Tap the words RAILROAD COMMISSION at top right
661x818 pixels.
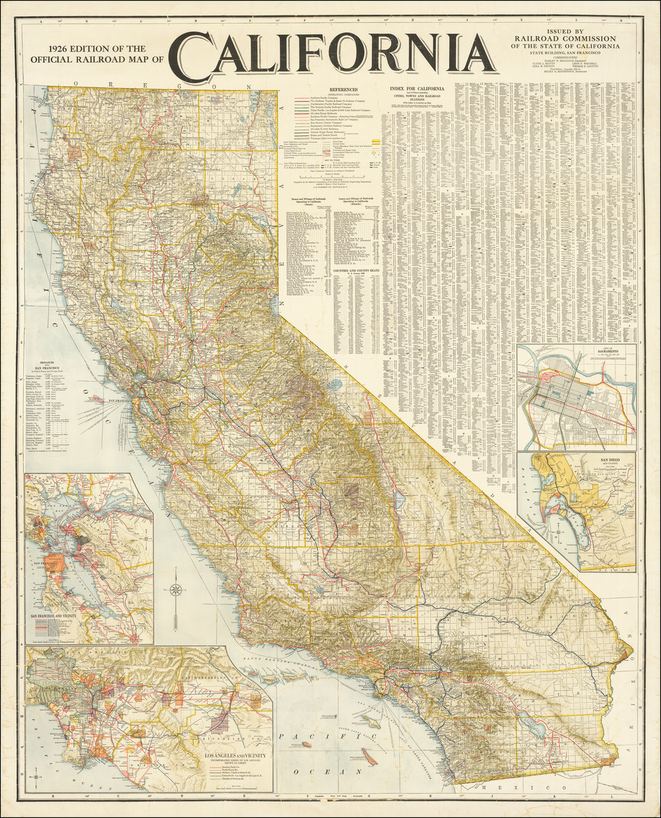pyautogui.click(x=565, y=38)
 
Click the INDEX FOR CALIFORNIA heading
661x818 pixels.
pyautogui.click(x=417, y=88)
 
